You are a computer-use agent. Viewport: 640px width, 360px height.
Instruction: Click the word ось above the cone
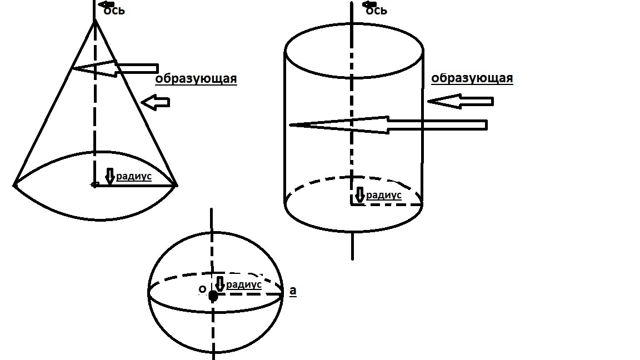(x=114, y=10)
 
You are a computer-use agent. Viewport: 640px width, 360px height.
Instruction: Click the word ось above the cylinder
(x=376, y=10)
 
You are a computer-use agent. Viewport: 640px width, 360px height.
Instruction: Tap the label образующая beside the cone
(x=196, y=79)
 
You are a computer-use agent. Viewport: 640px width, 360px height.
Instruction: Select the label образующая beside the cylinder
(x=472, y=78)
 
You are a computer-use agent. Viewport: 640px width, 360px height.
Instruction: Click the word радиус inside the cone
(x=134, y=176)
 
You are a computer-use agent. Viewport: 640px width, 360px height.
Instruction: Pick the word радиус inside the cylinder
(x=384, y=195)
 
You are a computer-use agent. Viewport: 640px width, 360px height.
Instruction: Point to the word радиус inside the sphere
(x=244, y=284)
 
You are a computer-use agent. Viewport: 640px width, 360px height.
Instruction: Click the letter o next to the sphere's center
(x=202, y=289)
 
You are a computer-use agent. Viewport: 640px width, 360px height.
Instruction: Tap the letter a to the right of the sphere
(x=293, y=290)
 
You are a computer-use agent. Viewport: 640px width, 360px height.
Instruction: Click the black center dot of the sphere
(x=213, y=296)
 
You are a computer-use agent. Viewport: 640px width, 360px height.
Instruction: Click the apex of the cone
(x=95, y=20)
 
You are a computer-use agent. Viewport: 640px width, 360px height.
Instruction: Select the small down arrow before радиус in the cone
(x=110, y=176)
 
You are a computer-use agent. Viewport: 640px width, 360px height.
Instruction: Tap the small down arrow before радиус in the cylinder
(x=360, y=194)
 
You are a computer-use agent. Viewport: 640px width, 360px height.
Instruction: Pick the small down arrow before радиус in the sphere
(x=220, y=284)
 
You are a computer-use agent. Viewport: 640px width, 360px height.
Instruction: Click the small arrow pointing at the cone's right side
(x=156, y=102)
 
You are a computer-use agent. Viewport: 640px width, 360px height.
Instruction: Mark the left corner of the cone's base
(x=14, y=185)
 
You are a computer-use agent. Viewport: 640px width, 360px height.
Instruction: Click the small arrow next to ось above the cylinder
(x=369, y=4)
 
